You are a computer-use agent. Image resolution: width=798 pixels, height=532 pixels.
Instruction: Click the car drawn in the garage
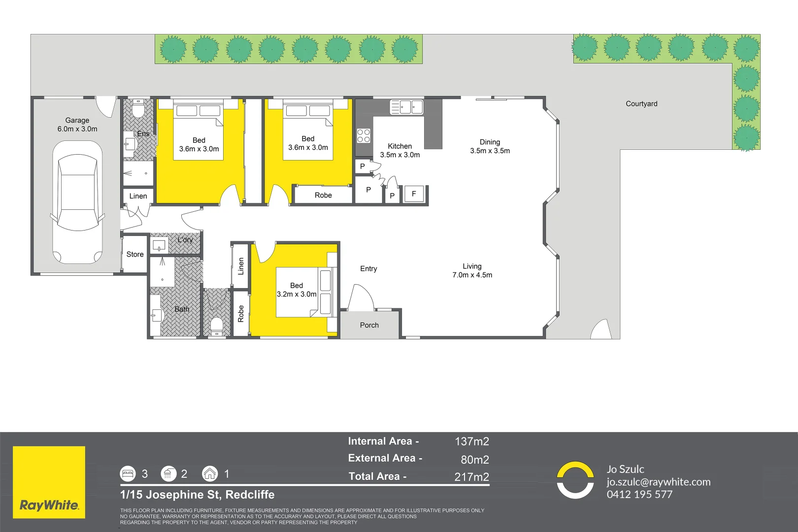click(x=77, y=202)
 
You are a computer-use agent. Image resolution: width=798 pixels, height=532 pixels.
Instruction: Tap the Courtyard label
click(x=641, y=104)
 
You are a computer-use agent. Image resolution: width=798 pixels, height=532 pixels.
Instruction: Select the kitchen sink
click(x=406, y=107)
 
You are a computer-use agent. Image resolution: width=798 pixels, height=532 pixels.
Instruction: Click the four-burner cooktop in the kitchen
click(x=364, y=136)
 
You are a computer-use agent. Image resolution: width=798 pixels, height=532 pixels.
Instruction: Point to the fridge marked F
click(x=414, y=194)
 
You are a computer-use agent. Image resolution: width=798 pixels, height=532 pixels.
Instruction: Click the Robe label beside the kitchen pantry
click(x=323, y=195)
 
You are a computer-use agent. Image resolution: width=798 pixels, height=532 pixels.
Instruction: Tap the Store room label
click(x=135, y=254)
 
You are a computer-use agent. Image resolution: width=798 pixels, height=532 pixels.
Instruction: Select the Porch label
click(x=369, y=325)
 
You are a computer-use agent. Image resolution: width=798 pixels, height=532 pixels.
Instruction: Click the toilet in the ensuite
click(x=138, y=108)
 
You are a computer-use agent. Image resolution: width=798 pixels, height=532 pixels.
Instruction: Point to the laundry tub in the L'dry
click(x=159, y=245)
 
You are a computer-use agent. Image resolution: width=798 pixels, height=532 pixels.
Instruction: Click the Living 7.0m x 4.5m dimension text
click(x=472, y=270)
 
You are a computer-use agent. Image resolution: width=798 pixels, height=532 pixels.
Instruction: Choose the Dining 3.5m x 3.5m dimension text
click(x=490, y=146)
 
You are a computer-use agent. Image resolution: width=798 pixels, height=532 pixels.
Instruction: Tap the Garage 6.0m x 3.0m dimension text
click(x=77, y=125)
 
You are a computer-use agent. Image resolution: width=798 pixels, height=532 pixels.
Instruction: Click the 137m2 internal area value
click(x=472, y=441)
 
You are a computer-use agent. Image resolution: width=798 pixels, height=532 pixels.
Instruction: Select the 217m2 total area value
click(x=472, y=477)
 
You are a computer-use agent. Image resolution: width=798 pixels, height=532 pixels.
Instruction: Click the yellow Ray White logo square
click(x=49, y=482)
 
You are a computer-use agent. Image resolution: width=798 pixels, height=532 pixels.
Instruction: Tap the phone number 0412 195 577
click(x=639, y=495)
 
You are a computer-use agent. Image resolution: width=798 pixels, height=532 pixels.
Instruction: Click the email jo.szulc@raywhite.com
click(x=659, y=482)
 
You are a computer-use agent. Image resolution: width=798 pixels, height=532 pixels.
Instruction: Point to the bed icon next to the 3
click(x=128, y=473)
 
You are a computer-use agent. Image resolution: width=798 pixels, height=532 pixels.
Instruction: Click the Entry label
click(x=368, y=268)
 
